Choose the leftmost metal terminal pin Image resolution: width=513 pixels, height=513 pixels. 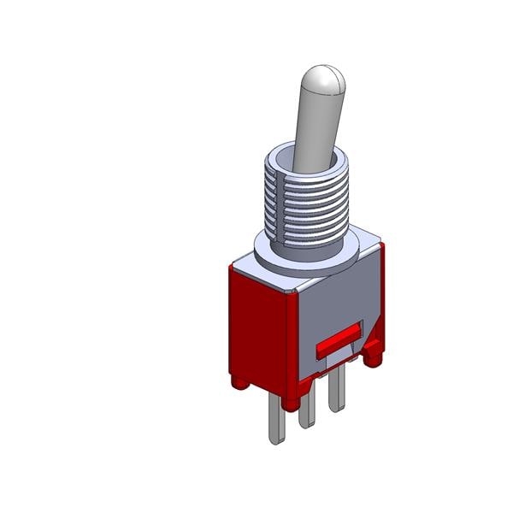(276, 419)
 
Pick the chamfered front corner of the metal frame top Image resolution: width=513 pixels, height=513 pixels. (294, 291)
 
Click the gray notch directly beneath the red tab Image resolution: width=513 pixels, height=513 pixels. (342, 355)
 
